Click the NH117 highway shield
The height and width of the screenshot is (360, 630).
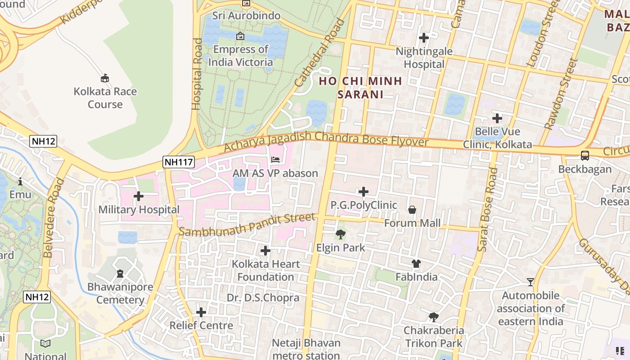click(x=179, y=162)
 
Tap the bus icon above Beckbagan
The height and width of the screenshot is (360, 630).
click(x=585, y=156)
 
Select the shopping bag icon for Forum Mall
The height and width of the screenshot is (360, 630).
click(x=412, y=210)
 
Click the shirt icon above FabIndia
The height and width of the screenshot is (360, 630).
click(x=416, y=264)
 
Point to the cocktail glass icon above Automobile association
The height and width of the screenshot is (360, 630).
click(x=531, y=282)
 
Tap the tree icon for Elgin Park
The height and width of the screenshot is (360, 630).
click(x=341, y=234)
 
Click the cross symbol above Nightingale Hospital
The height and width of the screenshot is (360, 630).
click(x=423, y=38)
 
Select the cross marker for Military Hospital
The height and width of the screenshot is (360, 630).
click(x=139, y=196)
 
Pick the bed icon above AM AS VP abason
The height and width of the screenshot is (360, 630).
click(x=275, y=160)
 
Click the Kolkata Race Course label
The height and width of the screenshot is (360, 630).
click(x=105, y=98)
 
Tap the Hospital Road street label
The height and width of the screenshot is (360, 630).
click(x=197, y=74)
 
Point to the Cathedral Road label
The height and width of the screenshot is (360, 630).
click(x=319, y=53)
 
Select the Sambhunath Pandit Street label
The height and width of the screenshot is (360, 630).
click(x=247, y=225)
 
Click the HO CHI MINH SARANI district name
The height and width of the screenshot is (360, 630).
click(x=360, y=88)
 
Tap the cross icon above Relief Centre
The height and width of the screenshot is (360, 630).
click(x=201, y=312)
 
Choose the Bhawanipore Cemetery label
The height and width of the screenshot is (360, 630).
click(x=120, y=293)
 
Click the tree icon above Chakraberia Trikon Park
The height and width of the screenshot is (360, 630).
click(x=433, y=317)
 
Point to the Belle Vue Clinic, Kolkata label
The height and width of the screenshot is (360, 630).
click(x=504, y=138)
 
